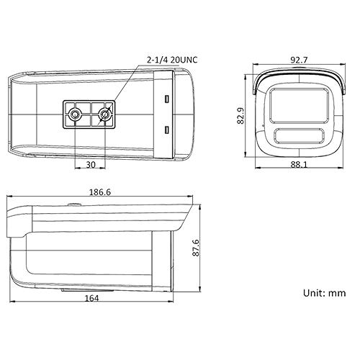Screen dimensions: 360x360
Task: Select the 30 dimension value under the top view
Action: pyautogui.click(x=90, y=163)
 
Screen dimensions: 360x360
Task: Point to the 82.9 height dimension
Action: pyautogui.click(x=240, y=115)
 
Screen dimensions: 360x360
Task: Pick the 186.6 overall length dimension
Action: pyautogui.click(x=99, y=194)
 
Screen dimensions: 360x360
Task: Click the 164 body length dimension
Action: pyautogui.click(x=91, y=298)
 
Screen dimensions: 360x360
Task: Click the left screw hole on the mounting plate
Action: pyautogui.click(x=75, y=114)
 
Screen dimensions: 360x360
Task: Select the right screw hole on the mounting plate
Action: pyautogui.click(x=105, y=114)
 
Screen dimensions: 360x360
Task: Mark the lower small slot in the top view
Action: pyautogui.click(x=167, y=130)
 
